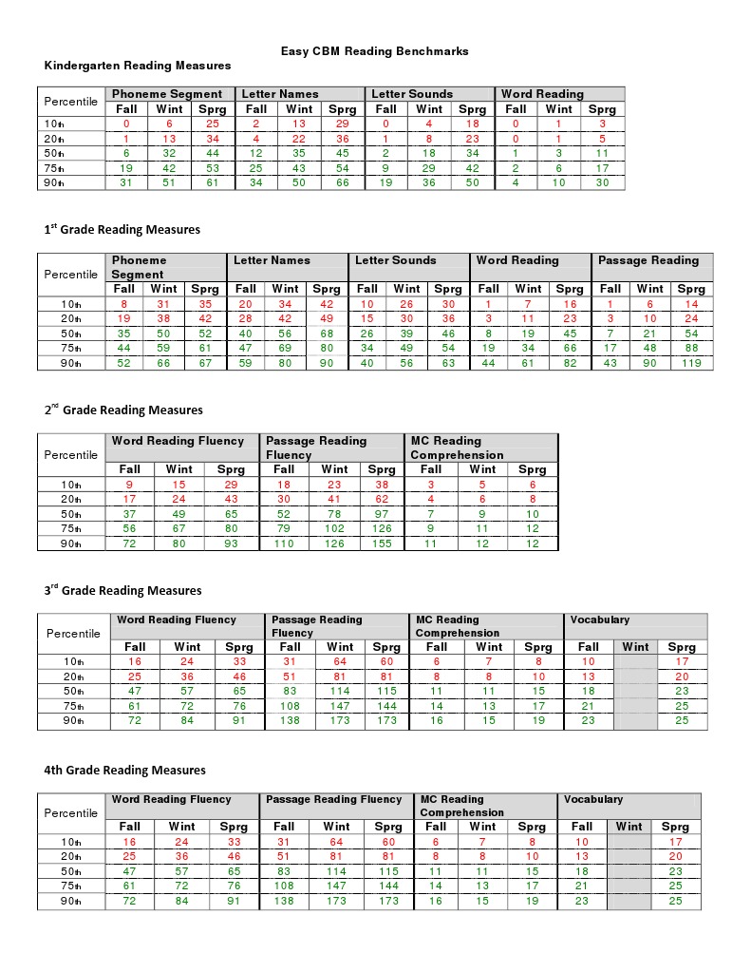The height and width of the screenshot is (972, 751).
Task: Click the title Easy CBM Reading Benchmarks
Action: (374, 51)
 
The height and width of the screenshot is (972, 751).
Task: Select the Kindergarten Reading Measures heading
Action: (138, 66)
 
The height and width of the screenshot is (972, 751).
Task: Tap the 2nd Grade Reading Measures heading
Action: (123, 410)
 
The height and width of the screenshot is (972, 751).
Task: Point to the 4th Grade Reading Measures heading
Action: (124, 770)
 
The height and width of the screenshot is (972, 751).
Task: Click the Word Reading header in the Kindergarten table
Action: (542, 94)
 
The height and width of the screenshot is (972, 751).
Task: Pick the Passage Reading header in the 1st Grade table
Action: (648, 260)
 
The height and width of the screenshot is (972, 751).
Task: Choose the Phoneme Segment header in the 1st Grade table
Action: (139, 267)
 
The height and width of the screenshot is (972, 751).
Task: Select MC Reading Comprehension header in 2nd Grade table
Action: (446, 448)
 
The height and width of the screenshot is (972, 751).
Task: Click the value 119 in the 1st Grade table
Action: (690, 363)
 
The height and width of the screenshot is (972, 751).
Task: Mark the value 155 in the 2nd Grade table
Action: (382, 543)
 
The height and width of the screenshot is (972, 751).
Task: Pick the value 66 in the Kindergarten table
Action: (342, 183)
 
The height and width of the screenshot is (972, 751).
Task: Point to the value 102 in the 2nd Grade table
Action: (334, 528)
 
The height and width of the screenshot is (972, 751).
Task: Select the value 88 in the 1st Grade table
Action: (690, 348)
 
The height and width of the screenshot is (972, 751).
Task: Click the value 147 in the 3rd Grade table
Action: (339, 707)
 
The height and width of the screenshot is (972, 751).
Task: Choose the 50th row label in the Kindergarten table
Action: (53, 154)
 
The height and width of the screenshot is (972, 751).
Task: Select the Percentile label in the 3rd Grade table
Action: (73, 633)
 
